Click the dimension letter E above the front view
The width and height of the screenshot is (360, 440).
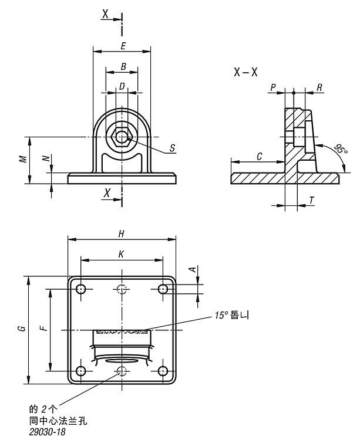coord(123,46)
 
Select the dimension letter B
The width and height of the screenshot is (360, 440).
coord(123,67)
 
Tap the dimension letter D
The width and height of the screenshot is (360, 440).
coord(122,86)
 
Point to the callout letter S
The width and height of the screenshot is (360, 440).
coord(173,148)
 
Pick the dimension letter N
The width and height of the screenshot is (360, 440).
coord(46,158)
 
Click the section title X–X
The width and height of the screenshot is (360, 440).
coord(245,72)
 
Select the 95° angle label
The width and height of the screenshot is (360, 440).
coord(341,149)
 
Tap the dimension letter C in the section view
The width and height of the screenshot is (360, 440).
coord(259,156)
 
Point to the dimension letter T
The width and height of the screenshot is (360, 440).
coord(311,201)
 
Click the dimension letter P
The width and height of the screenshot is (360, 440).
coord(273,87)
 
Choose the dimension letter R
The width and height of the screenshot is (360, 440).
coord(319,87)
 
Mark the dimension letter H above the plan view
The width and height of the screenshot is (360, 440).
coord(122,233)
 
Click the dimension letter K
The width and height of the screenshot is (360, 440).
coord(121,255)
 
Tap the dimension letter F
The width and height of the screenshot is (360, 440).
coord(44,328)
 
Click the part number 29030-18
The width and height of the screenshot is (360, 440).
coord(47,432)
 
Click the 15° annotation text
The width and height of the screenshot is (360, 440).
coord(231,315)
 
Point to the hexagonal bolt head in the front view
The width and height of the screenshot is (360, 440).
coord(122,137)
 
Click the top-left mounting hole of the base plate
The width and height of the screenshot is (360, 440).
coord(81,289)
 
